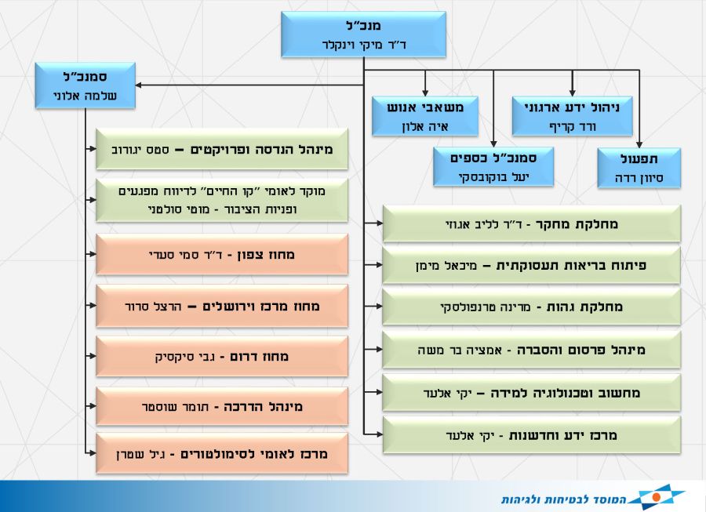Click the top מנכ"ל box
pos(363,34)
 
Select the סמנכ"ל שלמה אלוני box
pos(85,85)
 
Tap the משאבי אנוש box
pos(424,116)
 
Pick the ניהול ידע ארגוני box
pos(572,116)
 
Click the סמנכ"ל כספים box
pos(493,166)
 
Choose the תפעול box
pos(639,168)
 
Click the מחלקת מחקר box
pos(531,224)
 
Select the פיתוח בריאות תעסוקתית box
pos(531,266)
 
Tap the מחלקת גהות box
pos(531,307)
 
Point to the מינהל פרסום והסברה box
pos(531,350)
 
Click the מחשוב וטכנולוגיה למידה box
pos(531,393)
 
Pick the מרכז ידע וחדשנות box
pos(531,435)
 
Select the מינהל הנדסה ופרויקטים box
pos(222,150)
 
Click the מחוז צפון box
pos(222,255)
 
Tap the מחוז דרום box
pos(222,356)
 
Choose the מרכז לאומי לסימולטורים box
pos(222,453)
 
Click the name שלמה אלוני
pos(85,96)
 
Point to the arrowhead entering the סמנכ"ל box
pos(139,85)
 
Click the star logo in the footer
pos(657,496)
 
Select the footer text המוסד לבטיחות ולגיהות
pos(564,499)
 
